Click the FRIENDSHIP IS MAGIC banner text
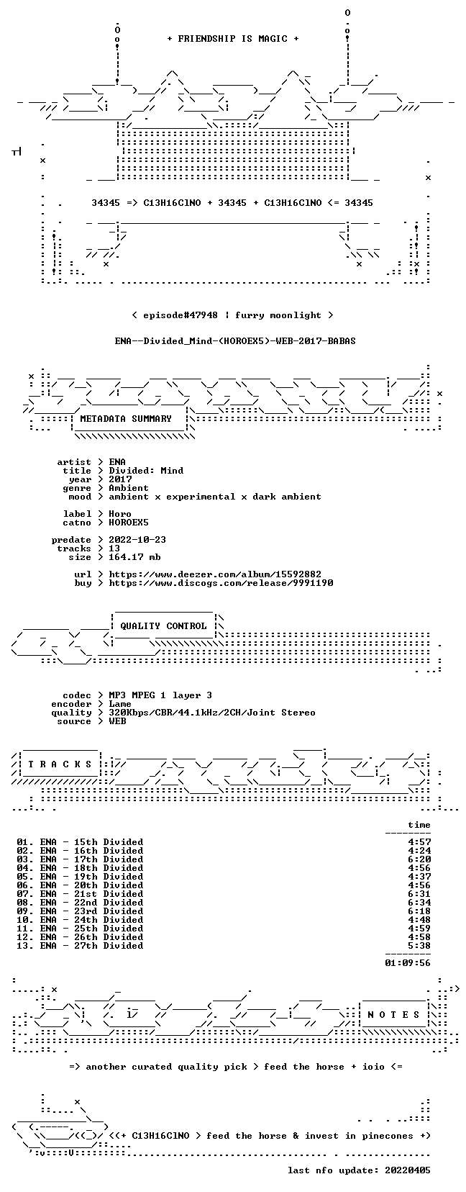coord(233,39)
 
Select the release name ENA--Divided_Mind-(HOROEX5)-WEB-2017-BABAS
coord(235,341)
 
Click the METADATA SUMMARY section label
coord(126,419)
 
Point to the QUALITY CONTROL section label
coord(164,626)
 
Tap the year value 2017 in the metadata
coord(120,479)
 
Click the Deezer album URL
coord(215,574)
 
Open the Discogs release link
coord(221,583)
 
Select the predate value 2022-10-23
coord(137,540)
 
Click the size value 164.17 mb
coord(135,557)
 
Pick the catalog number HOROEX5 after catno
coord(129,523)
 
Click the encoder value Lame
coord(120,704)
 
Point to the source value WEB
coord(117,721)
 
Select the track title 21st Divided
coord(109,894)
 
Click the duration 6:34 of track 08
coord(419,903)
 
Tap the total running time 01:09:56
coord(408,963)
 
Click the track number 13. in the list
coord(25,946)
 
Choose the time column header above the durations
coord(419,826)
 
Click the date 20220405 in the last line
coord(408,1170)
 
